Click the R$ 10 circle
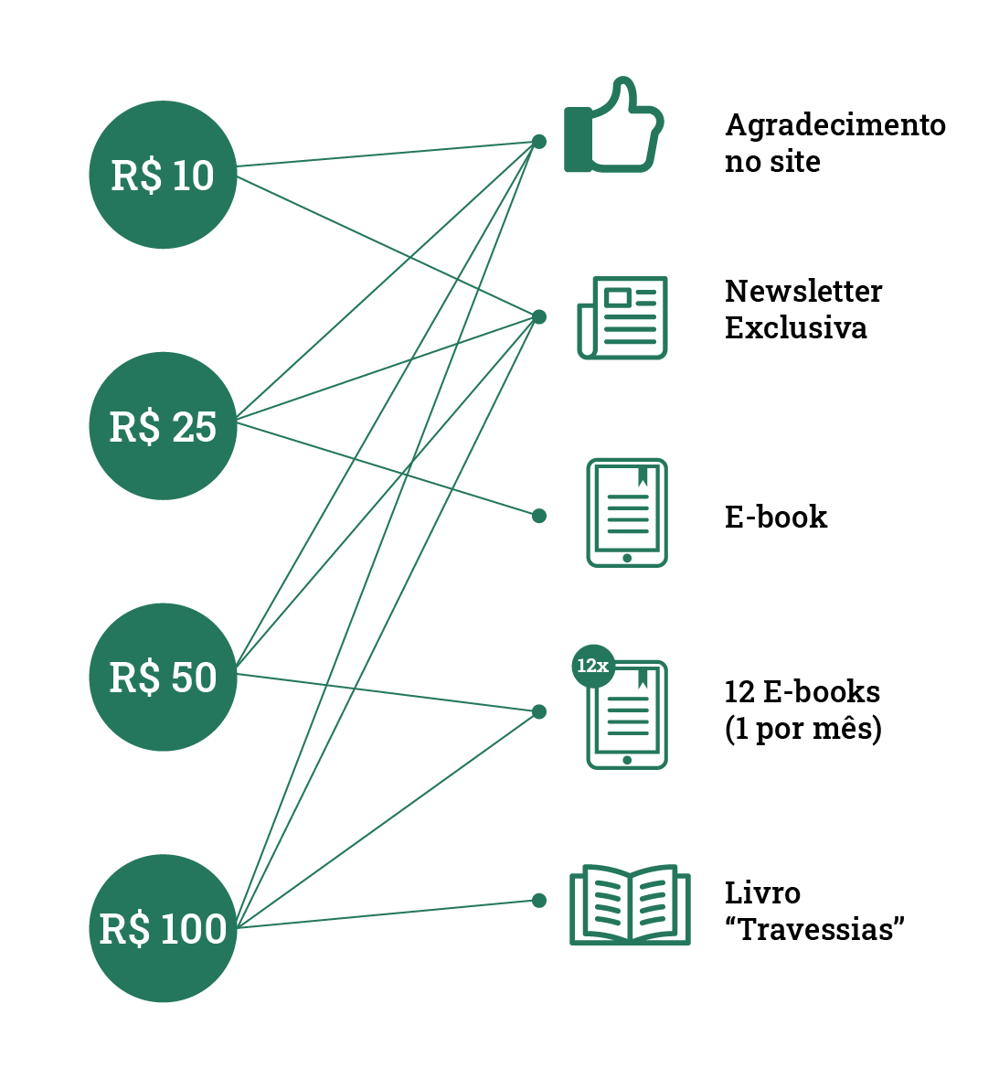pos(163,175)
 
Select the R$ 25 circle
pos(163,426)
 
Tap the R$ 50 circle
pos(163,677)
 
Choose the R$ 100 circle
pos(163,928)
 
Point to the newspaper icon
pos(622,317)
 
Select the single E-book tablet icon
pos(627,513)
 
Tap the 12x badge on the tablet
pos(592,666)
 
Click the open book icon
pos(630,904)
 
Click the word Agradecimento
pos(834,124)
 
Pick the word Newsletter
pos(803,291)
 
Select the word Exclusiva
pos(795,327)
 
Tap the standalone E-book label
pos(776,517)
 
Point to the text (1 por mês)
pos(802,730)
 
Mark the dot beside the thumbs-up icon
pos(539,142)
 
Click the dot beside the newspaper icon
pos(539,316)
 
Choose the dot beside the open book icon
pos(539,901)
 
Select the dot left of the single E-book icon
pos(539,516)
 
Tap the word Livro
pos(762,892)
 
